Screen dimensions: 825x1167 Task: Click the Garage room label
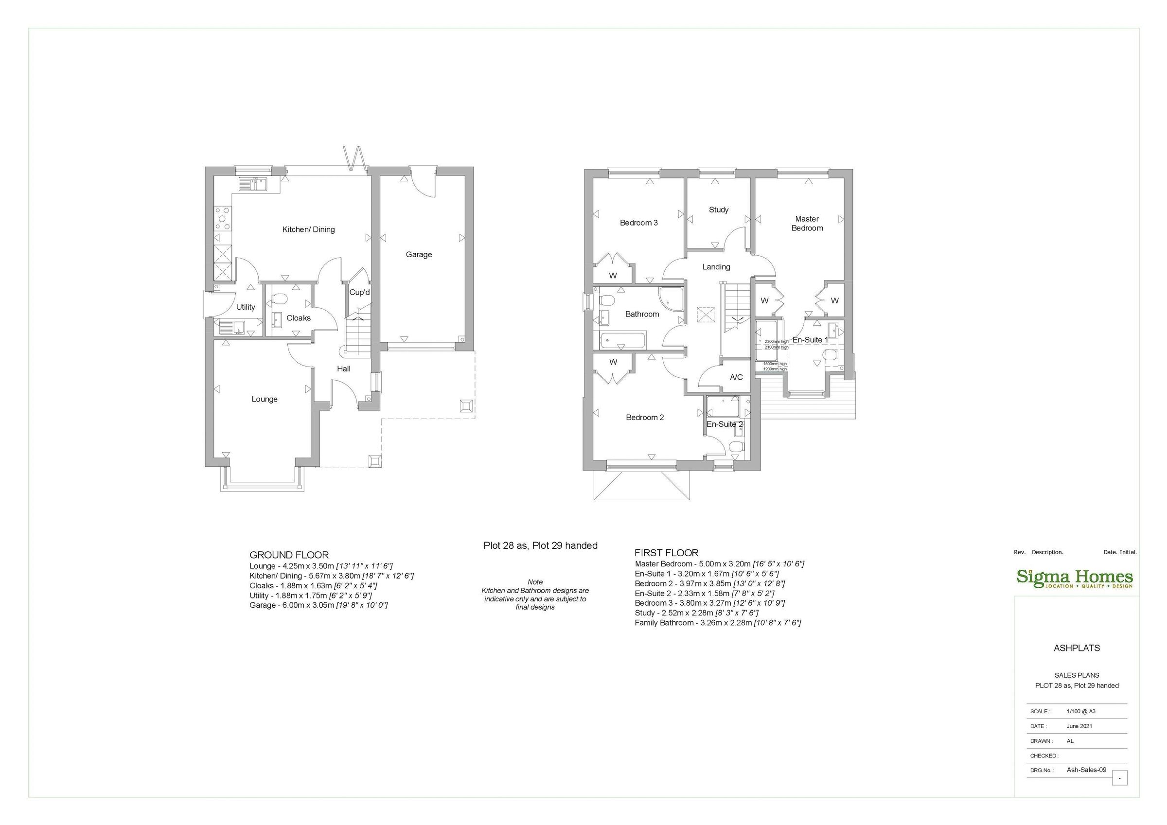(418, 254)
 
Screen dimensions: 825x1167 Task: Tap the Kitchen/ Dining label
(308, 229)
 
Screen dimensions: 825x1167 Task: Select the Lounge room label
(265, 399)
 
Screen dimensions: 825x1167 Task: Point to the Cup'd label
(359, 292)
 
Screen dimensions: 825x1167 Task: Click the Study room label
(718, 210)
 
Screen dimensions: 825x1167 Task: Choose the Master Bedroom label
(807, 223)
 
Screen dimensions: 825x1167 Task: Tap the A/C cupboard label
(736, 377)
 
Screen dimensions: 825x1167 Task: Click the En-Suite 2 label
(725, 424)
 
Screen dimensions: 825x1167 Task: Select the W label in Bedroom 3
(613, 276)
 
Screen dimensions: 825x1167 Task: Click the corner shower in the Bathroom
(672, 299)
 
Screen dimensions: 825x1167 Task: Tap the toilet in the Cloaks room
(280, 298)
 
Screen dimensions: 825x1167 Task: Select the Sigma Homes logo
(1075, 579)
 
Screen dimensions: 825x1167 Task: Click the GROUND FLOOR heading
(289, 555)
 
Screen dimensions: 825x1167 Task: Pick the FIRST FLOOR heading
(666, 553)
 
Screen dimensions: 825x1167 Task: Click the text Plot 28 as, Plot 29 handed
(540, 545)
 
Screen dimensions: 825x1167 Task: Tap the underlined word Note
(535, 582)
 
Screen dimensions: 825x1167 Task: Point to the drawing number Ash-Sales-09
(1086, 770)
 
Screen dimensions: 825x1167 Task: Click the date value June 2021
(1079, 726)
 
